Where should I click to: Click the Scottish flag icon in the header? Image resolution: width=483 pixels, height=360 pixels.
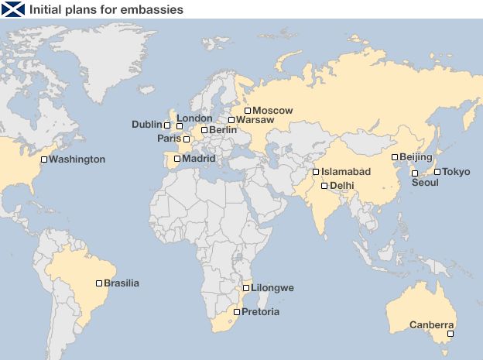pyautogui.click(x=12, y=9)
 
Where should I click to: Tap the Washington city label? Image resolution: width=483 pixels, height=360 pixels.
pyautogui.click(x=77, y=159)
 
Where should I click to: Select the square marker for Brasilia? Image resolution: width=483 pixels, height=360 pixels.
pyautogui.click(x=99, y=283)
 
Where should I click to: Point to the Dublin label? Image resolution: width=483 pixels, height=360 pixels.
pyautogui.click(x=146, y=125)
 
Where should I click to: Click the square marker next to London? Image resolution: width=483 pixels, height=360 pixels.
pyautogui.click(x=180, y=125)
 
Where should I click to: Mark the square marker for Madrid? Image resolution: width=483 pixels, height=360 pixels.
pyautogui.click(x=177, y=159)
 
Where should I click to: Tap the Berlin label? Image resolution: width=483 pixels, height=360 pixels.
pyautogui.click(x=223, y=130)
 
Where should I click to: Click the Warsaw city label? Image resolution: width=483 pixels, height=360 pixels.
pyautogui.click(x=255, y=120)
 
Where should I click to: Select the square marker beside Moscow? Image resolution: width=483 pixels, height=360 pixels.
pyautogui.click(x=248, y=111)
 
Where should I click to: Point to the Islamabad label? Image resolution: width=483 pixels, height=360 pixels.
pyautogui.click(x=346, y=172)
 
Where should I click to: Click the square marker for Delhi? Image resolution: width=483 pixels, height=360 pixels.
pyautogui.click(x=324, y=186)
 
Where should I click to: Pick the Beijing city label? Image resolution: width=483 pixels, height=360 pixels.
pyautogui.click(x=416, y=157)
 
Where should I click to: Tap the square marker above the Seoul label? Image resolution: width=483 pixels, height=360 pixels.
pyautogui.click(x=415, y=173)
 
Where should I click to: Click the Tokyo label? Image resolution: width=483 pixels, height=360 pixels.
pyautogui.click(x=456, y=172)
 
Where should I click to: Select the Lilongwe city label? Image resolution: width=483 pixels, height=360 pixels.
pyautogui.click(x=272, y=288)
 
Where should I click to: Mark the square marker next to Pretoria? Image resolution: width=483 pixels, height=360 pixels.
pyautogui.click(x=237, y=313)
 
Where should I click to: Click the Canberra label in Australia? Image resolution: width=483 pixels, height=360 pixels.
pyautogui.click(x=432, y=324)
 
